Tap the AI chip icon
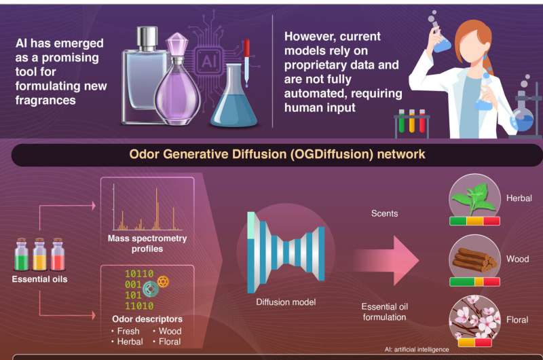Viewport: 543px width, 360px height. pos(209,61)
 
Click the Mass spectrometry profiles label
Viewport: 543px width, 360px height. pos(147,244)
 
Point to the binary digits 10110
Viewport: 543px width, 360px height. pos(139,274)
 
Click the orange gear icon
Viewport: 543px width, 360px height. pos(163,282)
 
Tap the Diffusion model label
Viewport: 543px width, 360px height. pos(286,302)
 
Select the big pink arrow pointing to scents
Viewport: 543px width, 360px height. pos(386,260)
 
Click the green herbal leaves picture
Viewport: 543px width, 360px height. pos(474,200)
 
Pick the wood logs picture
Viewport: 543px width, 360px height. pos(475,260)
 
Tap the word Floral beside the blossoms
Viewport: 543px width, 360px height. pos(517,320)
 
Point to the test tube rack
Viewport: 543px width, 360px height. pos(411,124)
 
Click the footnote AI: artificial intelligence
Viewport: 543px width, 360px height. pos(417,349)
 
